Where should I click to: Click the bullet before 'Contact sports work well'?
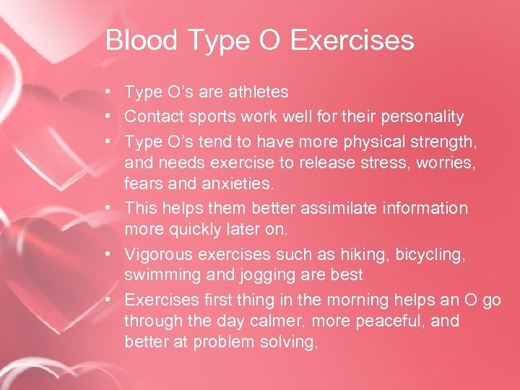(x=107, y=116)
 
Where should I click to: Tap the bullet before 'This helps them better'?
(x=107, y=208)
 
